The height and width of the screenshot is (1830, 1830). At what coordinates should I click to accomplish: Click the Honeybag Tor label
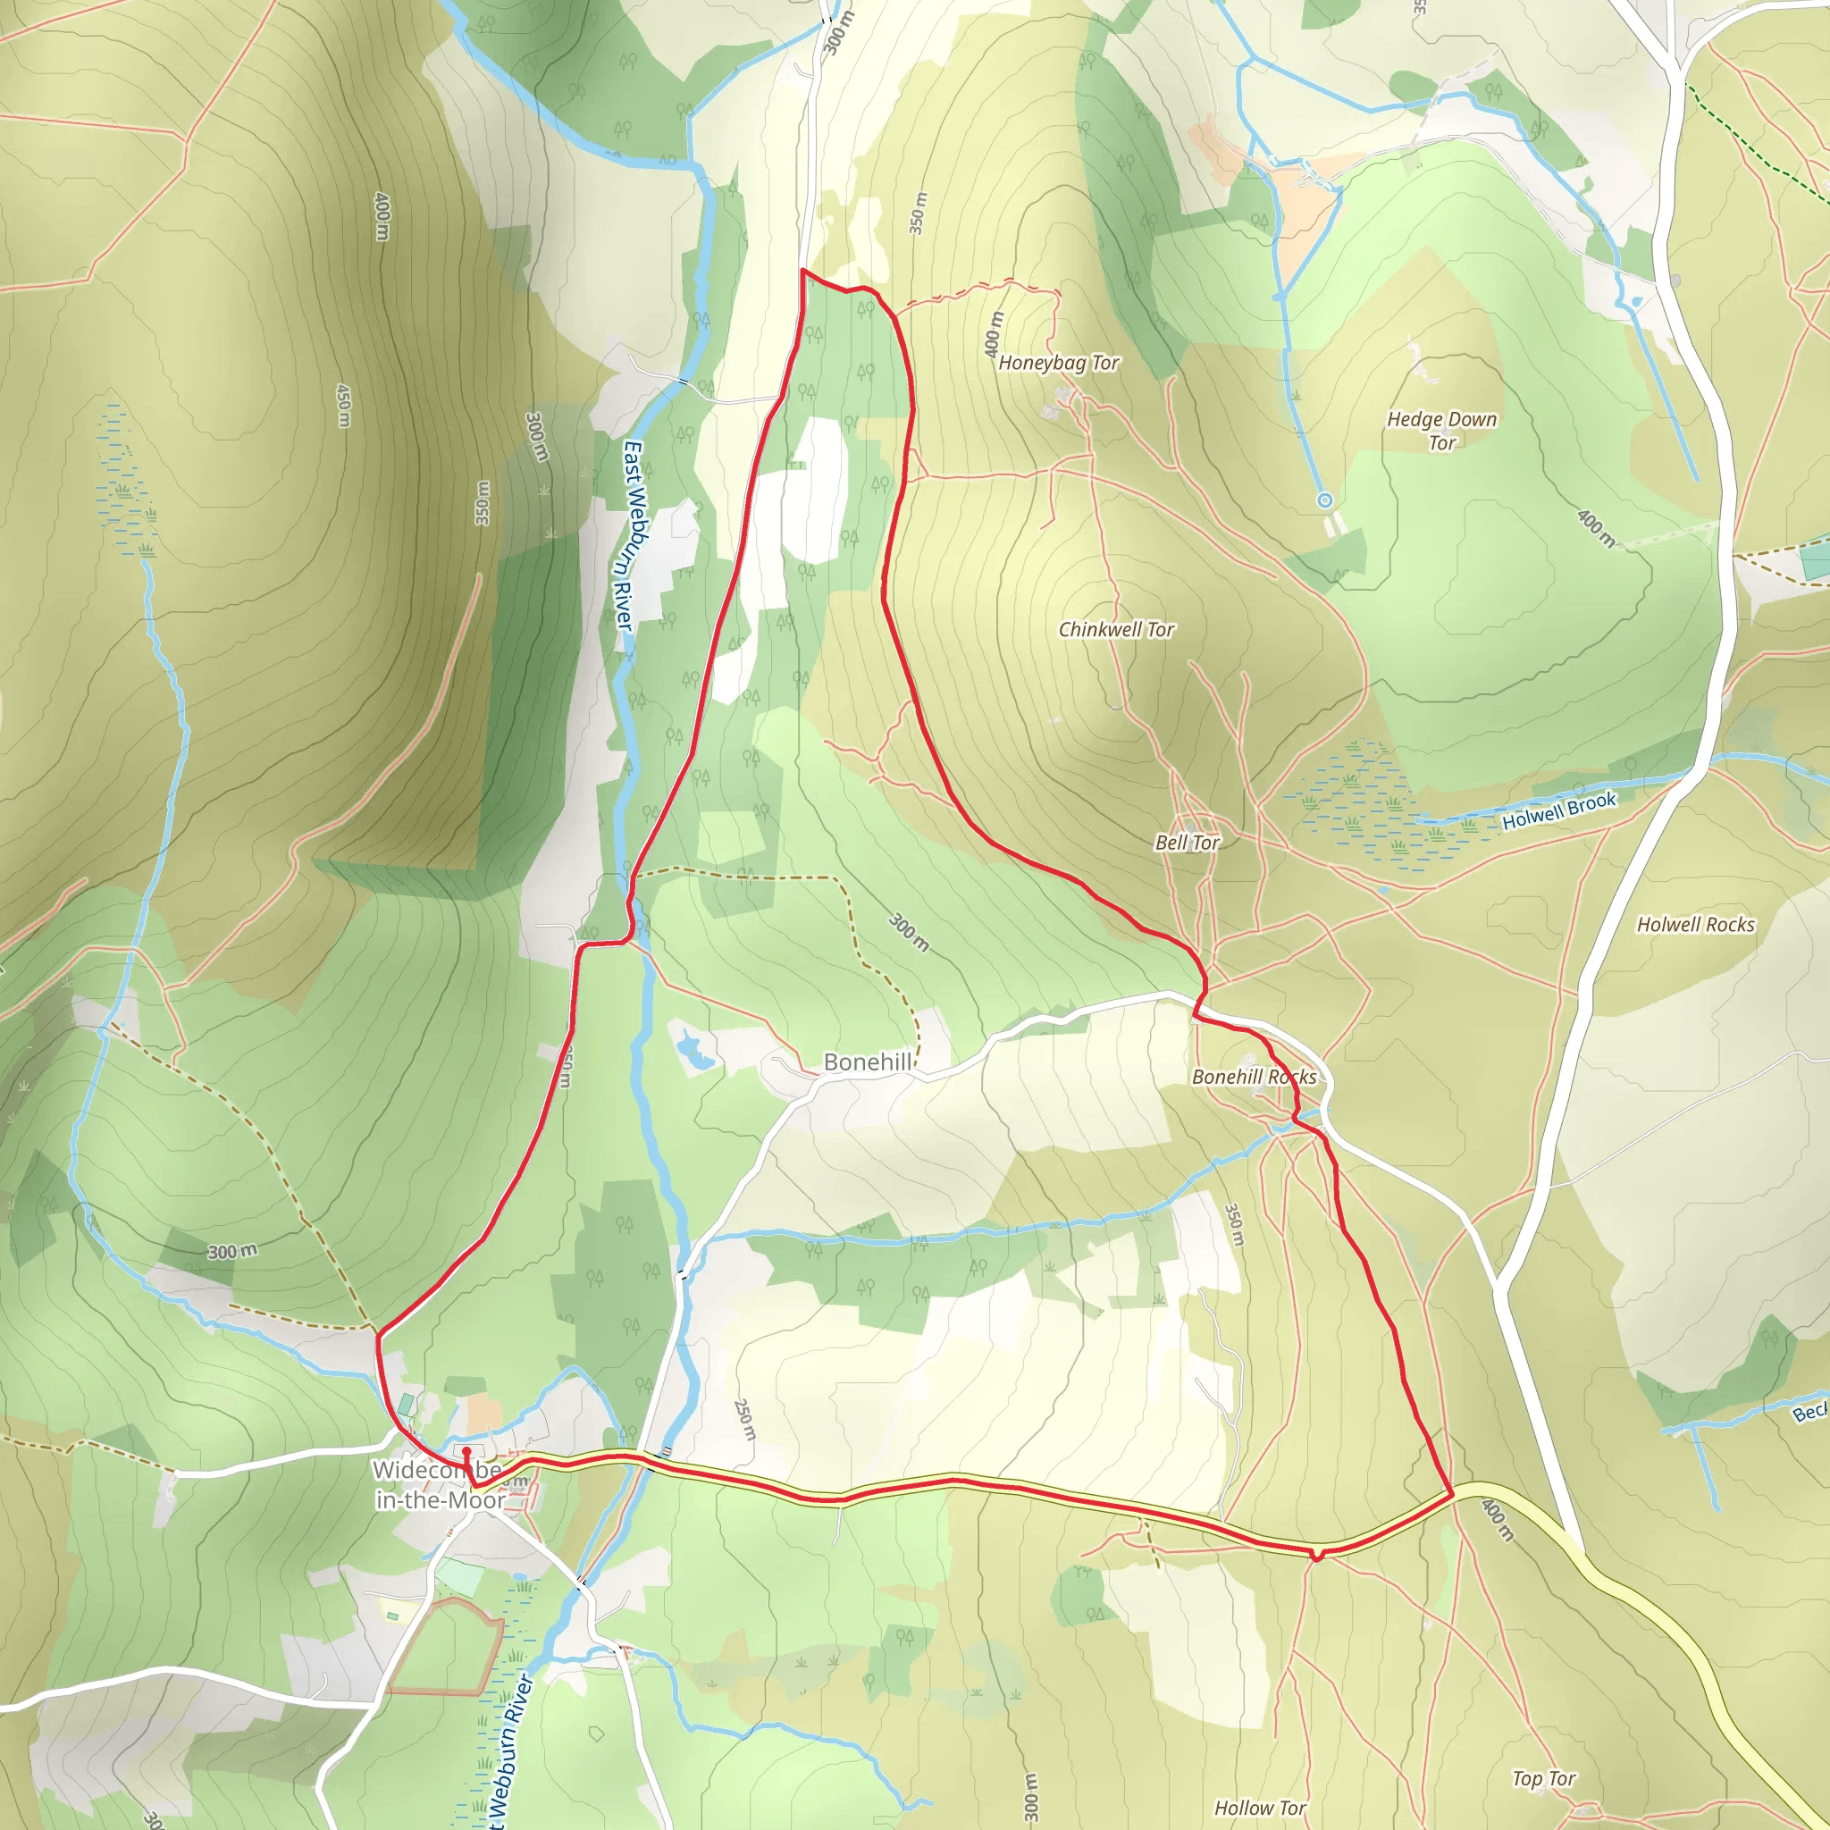click(x=1058, y=363)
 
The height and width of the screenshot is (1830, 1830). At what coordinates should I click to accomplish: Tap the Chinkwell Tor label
click(x=1116, y=630)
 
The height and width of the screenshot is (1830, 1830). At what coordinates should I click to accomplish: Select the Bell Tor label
click(x=1187, y=842)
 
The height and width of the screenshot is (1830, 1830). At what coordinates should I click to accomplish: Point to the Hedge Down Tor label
click(x=1441, y=431)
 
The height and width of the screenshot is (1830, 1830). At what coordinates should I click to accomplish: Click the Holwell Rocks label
click(x=1695, y=925)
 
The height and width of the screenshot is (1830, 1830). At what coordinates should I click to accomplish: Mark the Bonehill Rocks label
click(x=1253, y=1077)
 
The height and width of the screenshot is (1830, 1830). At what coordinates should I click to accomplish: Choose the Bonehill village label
click(x=867, y=1062)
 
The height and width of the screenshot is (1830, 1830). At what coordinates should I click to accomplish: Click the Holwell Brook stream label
click(x=1559, y=810)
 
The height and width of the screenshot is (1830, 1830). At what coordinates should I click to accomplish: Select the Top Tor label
click(x=1544, y=1779)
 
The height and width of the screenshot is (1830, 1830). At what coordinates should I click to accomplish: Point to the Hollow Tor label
click(x=1260, y=1809)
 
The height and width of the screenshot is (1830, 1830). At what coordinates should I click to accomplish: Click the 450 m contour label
click(x=344, y=405)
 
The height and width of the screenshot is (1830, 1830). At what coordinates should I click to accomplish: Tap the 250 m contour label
click(x=745, y=1420)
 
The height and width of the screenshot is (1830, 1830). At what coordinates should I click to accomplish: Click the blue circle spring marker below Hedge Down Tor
click(x=1325, y=500)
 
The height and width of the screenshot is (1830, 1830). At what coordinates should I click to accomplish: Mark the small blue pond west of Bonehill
click(x=692, y=1050)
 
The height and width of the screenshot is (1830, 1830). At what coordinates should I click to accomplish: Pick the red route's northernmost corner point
click(x=803, y=271)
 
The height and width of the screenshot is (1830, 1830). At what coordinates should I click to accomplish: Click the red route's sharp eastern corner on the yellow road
click(x=1452, y=1495)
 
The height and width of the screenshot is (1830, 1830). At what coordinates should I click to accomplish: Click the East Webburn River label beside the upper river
click(x=629, y=535)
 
